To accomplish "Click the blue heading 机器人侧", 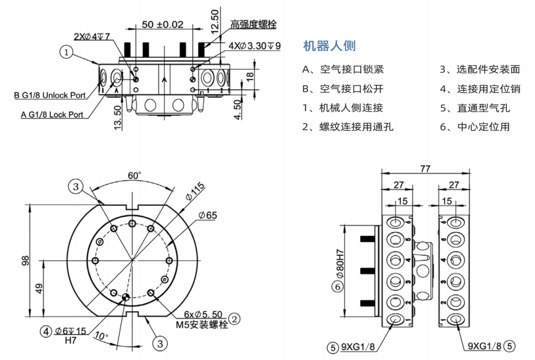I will [x=329, y=46].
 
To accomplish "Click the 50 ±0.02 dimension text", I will [x=163, y=25].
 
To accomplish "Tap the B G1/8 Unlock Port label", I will [x=50, y=95].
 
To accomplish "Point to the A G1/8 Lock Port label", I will [x=52, y=114].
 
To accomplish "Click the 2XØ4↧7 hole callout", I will [x=91, y=37].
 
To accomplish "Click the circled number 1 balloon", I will [x=66, y=53].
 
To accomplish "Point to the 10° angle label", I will [x=102, y=335].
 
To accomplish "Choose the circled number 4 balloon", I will [x=46, y=331].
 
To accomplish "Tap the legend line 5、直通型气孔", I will [x=475, y=108].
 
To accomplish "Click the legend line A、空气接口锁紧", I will [x=343, y=69].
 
